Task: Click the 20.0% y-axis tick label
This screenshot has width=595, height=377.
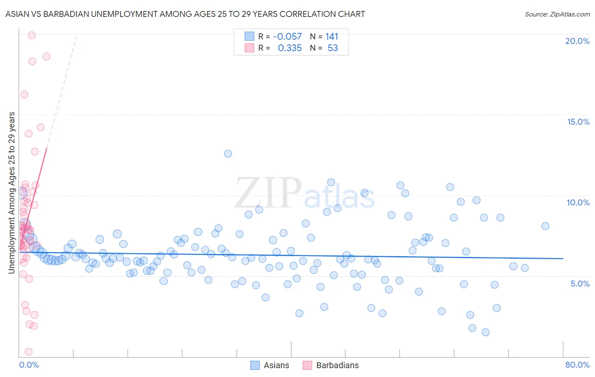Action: click(x=577, y=41)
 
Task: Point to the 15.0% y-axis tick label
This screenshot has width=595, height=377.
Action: click(x=578, y=122)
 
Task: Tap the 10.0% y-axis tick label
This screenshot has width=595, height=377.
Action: click(x=578, y=202)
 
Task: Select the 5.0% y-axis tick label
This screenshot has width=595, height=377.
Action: click(x=580, y=284)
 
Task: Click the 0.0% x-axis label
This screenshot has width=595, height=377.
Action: click(x=29, y=365)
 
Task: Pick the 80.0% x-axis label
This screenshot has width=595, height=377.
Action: click(x=577, y=365)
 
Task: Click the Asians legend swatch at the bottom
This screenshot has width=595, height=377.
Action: click(x=255, y=365)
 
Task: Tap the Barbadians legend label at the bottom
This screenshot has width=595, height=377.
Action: click(x=337, y=365)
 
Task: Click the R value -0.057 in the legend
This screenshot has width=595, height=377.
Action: click(x=287, y=37)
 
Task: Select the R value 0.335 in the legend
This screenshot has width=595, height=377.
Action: click(x=289, y=48)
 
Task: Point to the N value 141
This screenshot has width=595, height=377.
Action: click(x=332, y=37)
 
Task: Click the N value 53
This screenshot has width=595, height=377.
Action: click(x=333, y=48)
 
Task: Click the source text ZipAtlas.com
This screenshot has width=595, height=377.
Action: click(x=557, y=14)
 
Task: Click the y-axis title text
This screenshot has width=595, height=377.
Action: click(x=12, y=193)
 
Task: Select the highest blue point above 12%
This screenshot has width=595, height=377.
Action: click(x=228, y=154)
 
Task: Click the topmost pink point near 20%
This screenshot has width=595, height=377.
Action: click(x=31, y=36)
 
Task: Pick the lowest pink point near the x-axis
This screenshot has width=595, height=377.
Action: click(x=29, y=352)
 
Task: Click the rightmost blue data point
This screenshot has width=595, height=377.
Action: click(x=545, y=226)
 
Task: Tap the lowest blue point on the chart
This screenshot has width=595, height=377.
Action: click(x=485, y=332)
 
